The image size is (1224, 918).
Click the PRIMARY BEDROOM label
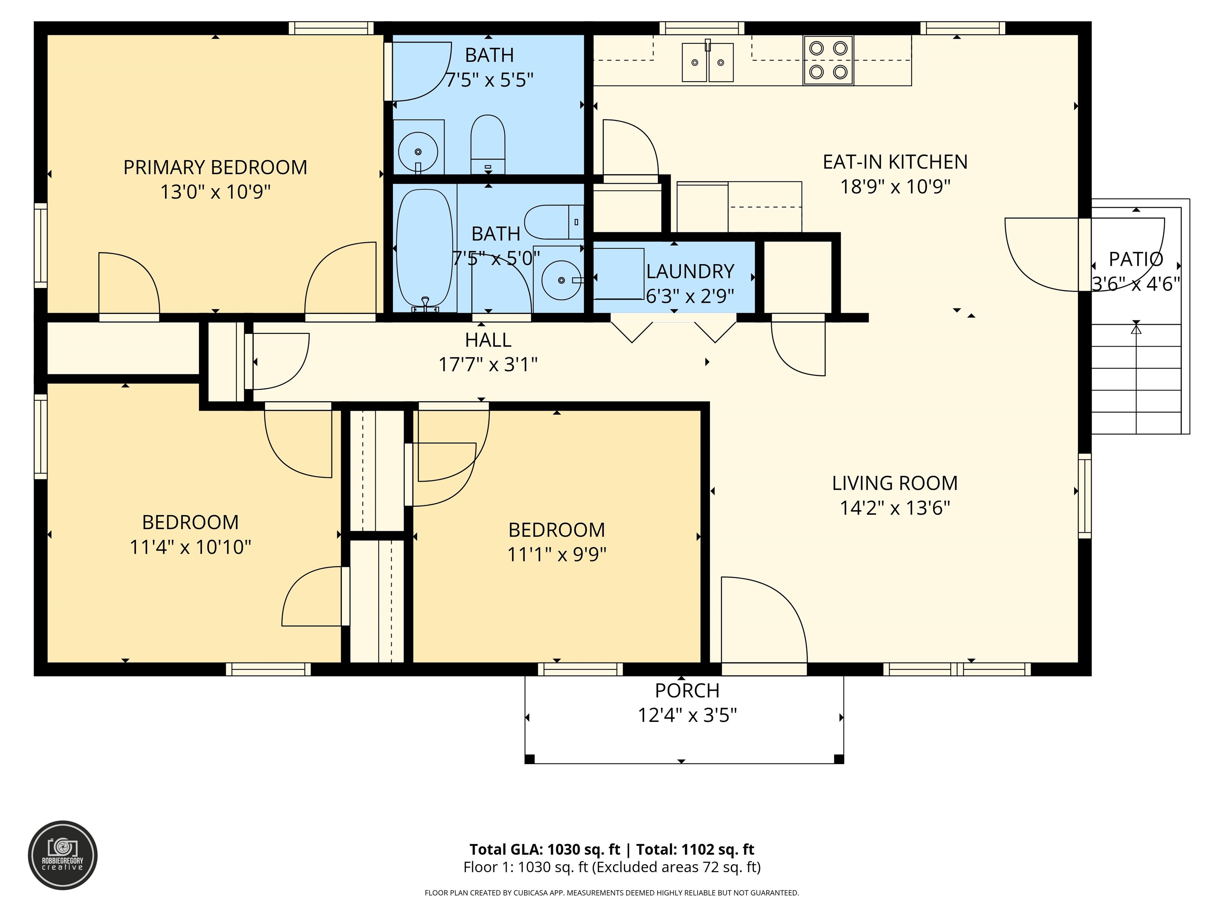215,167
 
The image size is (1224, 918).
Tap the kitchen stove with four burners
828,60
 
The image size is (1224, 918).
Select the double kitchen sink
707,63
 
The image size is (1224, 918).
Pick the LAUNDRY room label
690,272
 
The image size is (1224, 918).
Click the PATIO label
1136,259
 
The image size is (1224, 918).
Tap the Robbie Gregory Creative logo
63,855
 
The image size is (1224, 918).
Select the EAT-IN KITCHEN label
895,162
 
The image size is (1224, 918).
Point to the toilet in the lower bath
553,222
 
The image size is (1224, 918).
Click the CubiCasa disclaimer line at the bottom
612,892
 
